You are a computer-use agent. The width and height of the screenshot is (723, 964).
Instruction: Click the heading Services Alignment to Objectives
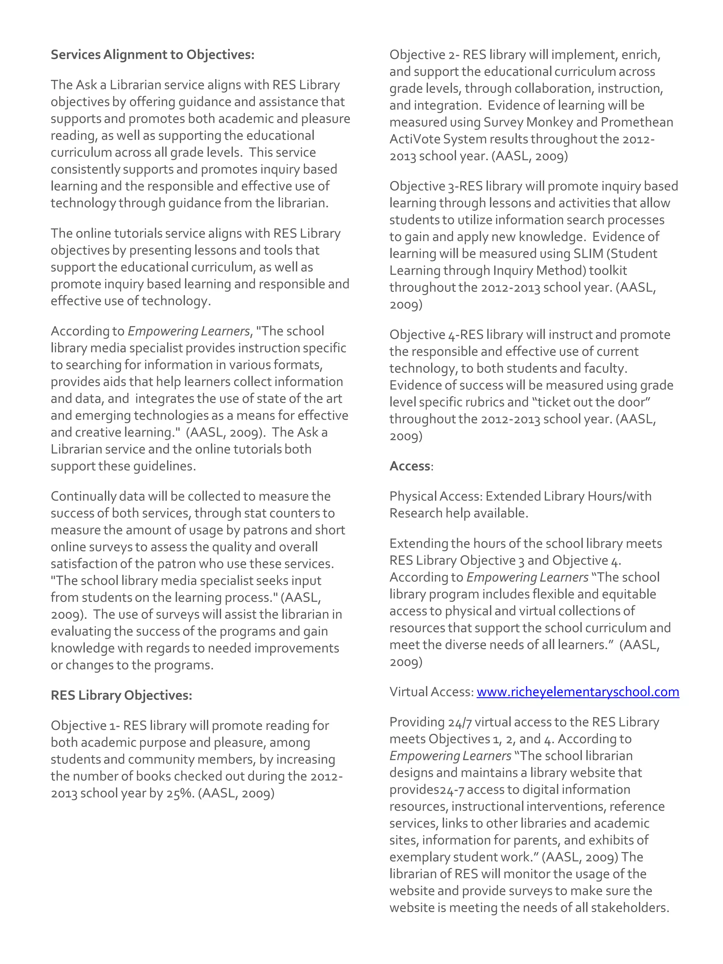[x=152, y=55]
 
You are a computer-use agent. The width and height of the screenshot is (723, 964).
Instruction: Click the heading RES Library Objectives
[x=121, y=695]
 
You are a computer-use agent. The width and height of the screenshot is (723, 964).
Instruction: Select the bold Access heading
[x=410, y=466]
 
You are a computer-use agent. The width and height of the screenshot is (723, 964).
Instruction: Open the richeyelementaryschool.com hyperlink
[x=578, y=692]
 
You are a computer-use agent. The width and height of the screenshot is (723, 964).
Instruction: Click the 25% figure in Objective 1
[x=180, y=793]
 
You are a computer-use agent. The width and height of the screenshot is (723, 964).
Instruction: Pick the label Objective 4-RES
[x=436, y=335]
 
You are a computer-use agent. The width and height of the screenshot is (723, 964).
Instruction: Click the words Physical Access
[x=435, y=496]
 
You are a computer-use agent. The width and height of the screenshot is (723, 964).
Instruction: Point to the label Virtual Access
[x=431, y=692]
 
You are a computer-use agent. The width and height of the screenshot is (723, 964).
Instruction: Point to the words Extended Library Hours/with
[x=568, y=496]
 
